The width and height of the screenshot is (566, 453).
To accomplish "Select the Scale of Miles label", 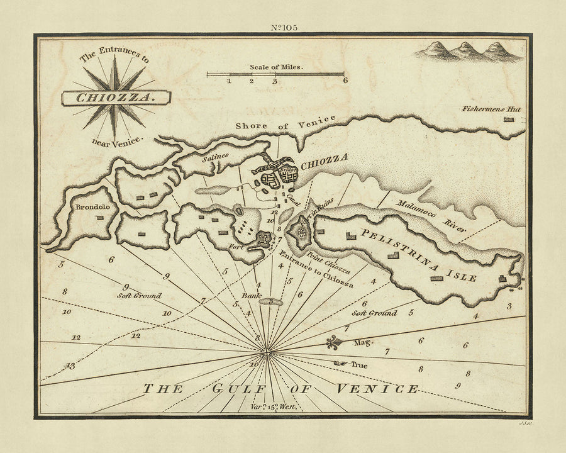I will (x=276, y=66).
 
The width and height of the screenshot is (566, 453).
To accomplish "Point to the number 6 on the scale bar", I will (x=345, y=81).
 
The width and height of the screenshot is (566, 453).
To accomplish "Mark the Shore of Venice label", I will (x=286, y=123).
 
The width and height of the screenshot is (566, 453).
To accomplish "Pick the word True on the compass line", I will (x=358, y=364).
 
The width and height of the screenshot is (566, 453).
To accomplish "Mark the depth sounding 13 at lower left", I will (x=69, y=366).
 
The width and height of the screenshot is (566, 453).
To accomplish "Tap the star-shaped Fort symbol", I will (x=263, y=239).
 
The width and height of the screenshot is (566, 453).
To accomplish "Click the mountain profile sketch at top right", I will (x=468, y=52).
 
